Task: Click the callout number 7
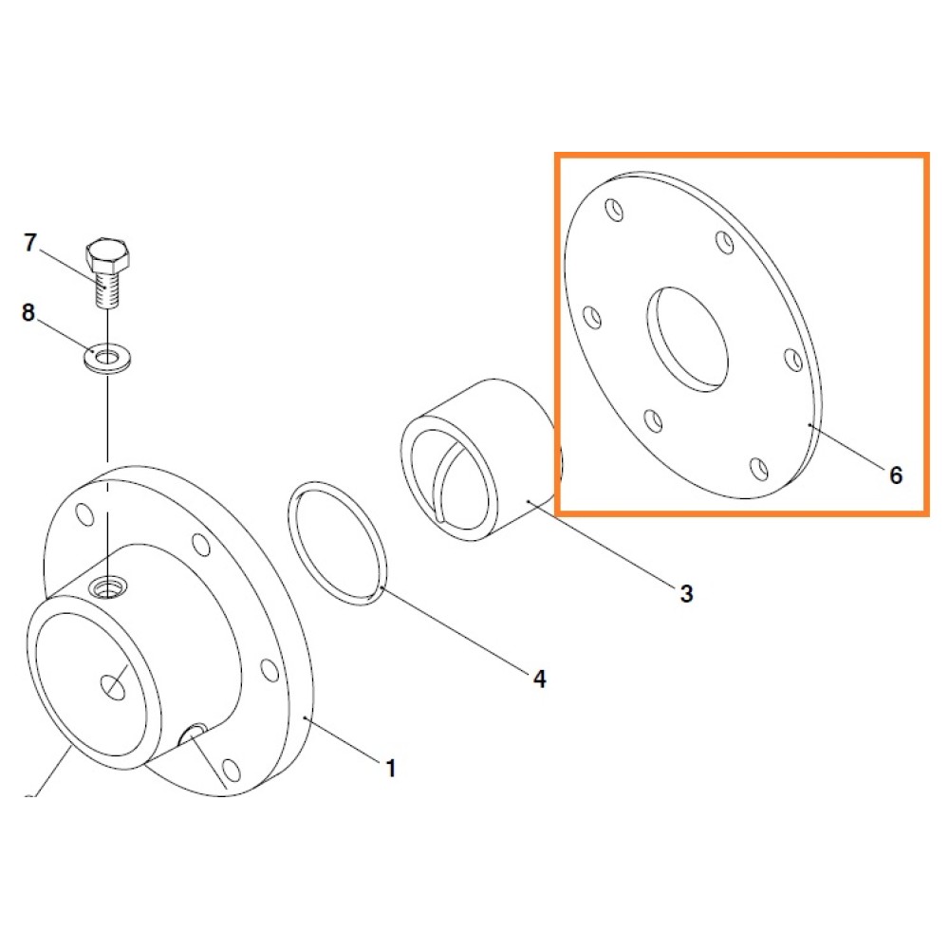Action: coord(30,243)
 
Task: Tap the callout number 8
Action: coord(28,313)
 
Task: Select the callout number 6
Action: coord(896,475)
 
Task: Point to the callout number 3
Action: coord(686,594)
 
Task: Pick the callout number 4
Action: coord(539,679)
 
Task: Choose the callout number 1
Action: coord(391,769)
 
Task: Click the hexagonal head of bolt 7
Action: coord(108,254)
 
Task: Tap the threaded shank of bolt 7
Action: coord(108,289)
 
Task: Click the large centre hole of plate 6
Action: coord(687,339)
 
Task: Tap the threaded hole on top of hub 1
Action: coord(107,586)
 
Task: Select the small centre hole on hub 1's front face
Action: coord(113,687)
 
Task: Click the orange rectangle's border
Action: coord(557,334)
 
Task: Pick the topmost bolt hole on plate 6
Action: coord(614,210)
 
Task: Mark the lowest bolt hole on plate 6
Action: coord(759,469)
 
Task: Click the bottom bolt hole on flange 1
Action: coord(232,770)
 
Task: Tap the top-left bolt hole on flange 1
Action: coord(84,513)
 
